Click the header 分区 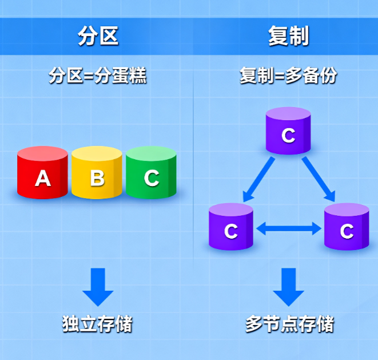coord(98,36)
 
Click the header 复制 coord(288,36)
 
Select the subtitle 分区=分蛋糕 coord(98,76)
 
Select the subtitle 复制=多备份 coord(288,76)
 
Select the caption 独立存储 coord(97,325)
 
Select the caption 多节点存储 coord(289,325)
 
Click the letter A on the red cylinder coord(43,179)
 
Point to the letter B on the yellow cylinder coord(97,179)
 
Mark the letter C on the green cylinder coord(151,178)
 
